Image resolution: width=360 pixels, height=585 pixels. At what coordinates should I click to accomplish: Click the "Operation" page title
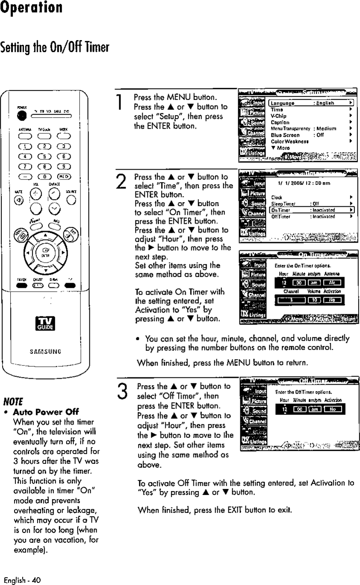pyautogui.click(x=32, y=8)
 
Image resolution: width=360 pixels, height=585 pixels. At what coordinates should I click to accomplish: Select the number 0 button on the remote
pyautogui.click(x=45, y=177)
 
